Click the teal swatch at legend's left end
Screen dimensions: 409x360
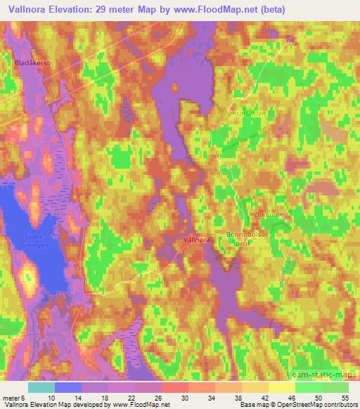point(41,387)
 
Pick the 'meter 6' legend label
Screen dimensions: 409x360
point(14,397)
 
